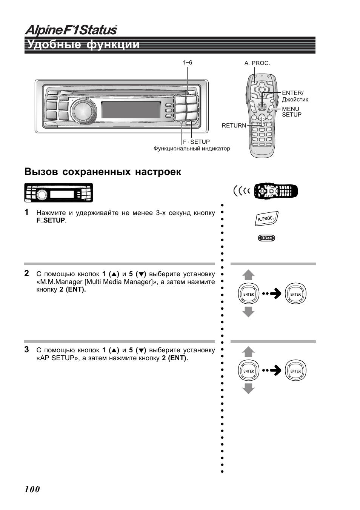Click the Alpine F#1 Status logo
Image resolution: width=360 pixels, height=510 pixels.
[x=71, y=30]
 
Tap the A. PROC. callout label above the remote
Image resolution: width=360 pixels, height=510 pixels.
[x=257, y=63]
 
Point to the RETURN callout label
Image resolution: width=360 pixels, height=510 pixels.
[x=234, y=126]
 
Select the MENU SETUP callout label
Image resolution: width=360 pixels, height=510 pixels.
[x=291, y=112]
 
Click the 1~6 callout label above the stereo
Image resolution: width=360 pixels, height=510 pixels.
[x=187, y=62]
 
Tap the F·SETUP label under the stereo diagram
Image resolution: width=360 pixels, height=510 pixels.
[x=196, y=142]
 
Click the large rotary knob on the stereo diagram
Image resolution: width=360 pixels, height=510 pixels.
[x=83, y=111]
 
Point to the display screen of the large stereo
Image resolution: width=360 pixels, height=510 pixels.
[x=131, y=109]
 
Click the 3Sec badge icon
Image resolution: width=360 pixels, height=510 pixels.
[x=266, y=238]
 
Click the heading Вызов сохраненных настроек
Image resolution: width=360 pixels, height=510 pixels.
[x=103, y=172]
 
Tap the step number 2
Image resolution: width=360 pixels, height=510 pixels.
[x=27, y=273]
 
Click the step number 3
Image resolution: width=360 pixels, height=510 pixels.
[x=27, y=349]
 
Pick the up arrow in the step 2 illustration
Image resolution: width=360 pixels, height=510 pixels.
[x=248, y=275]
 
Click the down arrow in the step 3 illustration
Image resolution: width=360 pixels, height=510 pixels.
[x=248, y=389]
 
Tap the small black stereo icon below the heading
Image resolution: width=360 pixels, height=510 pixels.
[x=58, y=193]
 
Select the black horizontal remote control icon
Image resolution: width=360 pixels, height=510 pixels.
[x=276, y=191]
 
